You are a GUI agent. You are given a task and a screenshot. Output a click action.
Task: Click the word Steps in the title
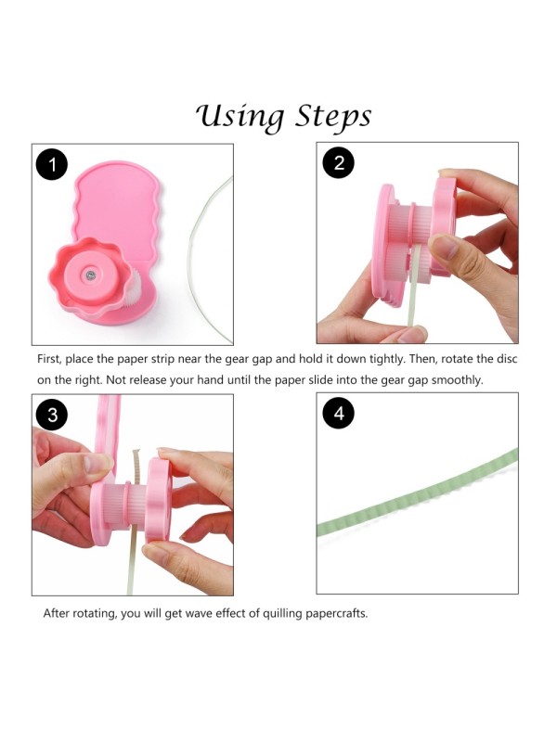[x=333, y=118]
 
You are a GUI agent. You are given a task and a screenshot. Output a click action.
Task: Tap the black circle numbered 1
[x=52, y=165]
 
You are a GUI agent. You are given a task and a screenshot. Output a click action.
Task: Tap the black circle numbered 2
[x=338, y=162]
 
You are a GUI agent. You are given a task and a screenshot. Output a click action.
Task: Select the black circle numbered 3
[x=52, y=415]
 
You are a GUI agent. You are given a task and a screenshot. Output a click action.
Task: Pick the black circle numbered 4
[x=338, y=413]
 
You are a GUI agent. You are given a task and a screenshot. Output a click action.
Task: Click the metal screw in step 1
[x=90, y=275]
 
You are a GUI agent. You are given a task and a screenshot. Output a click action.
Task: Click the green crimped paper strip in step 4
[x=417, y=493]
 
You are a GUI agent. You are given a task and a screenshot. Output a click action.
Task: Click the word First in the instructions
[x=49, y=359]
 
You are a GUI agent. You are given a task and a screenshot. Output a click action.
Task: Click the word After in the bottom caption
[x=55, y=613]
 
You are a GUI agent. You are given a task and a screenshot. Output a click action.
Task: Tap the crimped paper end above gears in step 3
[x=136, y=467]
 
